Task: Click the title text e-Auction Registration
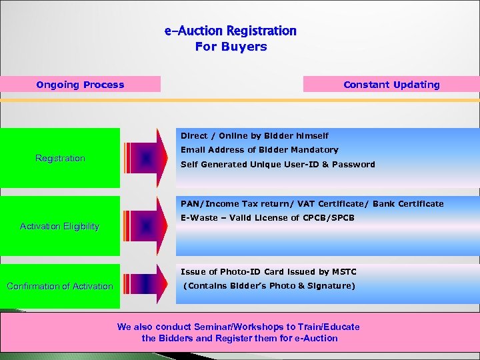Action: click(231, 31)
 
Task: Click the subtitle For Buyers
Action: click(231, 47)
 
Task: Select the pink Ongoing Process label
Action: click(80, 85)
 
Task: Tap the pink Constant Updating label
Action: click(391, 85)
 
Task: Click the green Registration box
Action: click(60, 158)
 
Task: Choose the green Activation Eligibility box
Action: click(60, 226)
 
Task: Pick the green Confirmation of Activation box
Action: click(60, 286)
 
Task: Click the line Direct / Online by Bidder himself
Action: click(255, 135)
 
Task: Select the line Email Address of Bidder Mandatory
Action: click(259, 150)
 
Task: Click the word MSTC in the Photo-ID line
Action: click(343, 272)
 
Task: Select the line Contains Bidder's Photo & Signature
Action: click(269, 286)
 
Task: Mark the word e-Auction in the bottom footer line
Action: click(317, 338)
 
